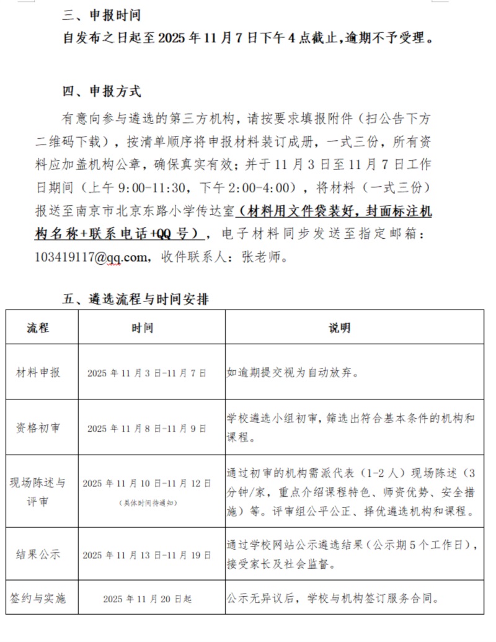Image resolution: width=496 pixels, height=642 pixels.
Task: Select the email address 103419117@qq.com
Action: click(x=92, y=256)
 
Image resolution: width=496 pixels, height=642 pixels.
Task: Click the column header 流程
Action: click(x=38, y=328)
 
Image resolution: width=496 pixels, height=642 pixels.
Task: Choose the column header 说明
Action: click(x=339, y=328)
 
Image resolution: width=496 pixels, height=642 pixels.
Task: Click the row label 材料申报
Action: click(x=38, y=373)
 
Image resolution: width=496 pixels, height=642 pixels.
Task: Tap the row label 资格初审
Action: click(x=38, y=428)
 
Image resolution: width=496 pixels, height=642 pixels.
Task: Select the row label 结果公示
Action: click(x=38, y=555)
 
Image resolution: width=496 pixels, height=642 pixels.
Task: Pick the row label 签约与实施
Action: click(x=38, y=599)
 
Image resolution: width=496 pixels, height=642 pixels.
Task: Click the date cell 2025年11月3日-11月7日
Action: click(x=146, y=373)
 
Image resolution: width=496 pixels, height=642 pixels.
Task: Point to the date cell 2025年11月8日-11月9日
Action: click(x=146, y=429)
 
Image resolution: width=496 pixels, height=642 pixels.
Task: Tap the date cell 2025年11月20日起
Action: click(x=147, y=599)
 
